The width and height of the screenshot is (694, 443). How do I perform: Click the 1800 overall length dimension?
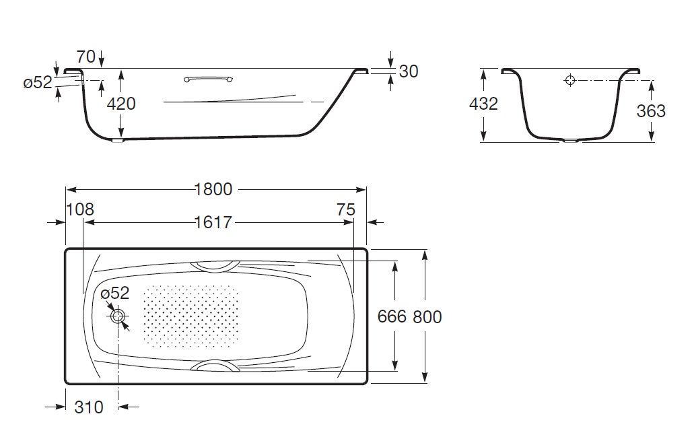coord(214,189)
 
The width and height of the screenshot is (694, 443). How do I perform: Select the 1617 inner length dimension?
coord(213,222)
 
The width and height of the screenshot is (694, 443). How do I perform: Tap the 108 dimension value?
coord(80,209)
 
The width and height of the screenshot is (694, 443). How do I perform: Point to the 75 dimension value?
coord(346,209)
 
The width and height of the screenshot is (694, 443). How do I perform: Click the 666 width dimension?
coord(392,316)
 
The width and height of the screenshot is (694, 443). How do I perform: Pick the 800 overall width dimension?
coord(427,317)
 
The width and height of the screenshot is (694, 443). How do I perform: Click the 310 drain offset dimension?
coord(89,407)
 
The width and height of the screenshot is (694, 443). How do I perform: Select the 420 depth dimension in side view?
coord(121,104)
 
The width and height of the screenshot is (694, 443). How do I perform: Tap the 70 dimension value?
coord(86,57)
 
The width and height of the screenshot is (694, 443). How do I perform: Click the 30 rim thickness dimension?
coord(409,71)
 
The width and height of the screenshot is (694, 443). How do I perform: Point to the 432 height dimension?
coord(483,104)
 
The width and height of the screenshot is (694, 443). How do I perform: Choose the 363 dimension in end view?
coord(651,111)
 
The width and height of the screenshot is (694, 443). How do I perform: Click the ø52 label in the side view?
coord(38,82)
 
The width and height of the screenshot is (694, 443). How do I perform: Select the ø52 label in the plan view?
coord(114,293)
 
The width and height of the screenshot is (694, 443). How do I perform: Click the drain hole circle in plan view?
coord(118,316)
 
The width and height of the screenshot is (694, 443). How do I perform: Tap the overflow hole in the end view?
coord(570,80)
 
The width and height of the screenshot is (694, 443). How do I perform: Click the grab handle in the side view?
coord(209,79)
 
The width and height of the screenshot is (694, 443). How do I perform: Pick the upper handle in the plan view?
coord(215,266)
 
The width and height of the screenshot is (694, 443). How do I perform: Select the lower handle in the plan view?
coord(215,366)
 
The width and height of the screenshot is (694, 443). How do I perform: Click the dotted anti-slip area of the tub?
coord(190,316)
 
